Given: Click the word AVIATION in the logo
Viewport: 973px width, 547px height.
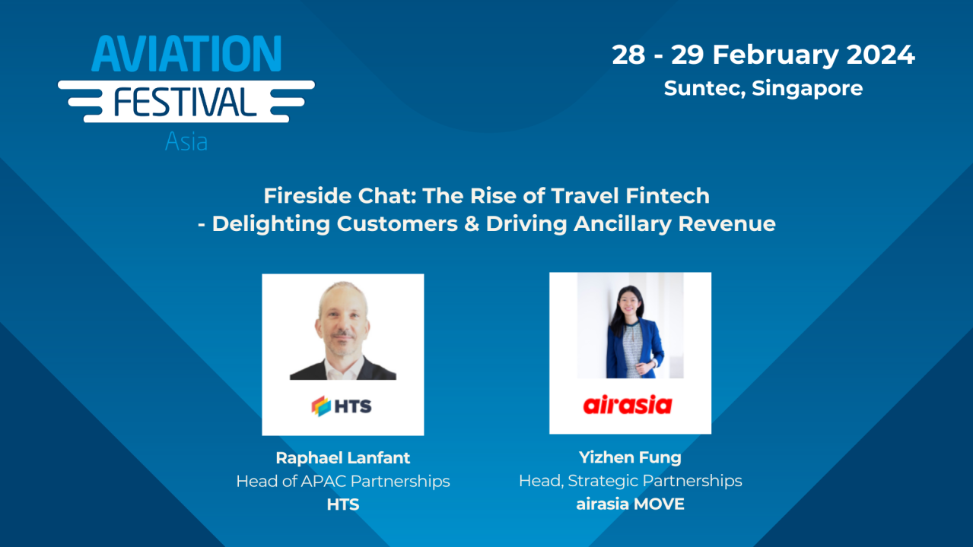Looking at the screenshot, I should coord(186,54).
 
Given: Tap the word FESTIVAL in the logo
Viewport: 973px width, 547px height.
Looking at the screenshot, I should coord(186,102).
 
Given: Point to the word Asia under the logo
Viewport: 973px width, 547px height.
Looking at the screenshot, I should coord(186,142).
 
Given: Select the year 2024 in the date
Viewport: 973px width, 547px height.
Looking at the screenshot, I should coord(870,55).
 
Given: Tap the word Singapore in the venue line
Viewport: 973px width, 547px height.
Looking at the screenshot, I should coord(807,88).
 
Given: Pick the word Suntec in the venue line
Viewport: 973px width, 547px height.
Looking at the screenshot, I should coord(704,88).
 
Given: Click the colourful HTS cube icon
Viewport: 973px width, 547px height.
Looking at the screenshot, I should coord(321,406).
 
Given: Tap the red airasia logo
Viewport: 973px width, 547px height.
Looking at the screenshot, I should coord(628,405).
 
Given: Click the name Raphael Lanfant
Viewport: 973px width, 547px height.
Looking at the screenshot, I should coord(342,458).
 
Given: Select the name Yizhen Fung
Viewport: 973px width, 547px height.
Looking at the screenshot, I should coord(630,457).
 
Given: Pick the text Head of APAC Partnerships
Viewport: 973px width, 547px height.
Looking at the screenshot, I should coord(342,481).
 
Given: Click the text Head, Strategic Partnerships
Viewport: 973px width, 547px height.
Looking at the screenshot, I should coord(630,481).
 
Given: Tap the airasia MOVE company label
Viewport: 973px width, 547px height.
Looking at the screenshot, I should coord(630,504).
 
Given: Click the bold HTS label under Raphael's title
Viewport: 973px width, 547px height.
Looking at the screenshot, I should coord(342,504).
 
